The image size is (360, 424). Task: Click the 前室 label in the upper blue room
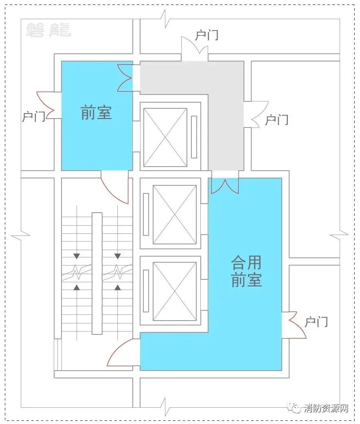(96, 113)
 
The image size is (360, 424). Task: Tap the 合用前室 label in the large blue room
(246, 271)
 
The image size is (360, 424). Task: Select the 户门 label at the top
(206, 35)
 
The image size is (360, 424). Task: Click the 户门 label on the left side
(33, 117)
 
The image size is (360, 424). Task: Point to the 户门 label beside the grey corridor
(277, 120)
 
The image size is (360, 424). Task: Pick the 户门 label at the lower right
(316, 322)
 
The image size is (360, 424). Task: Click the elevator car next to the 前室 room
(165, 137)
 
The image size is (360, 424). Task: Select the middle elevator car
(174, 214)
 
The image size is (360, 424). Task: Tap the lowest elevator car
(174, 291)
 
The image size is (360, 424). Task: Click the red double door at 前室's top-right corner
(125, 78)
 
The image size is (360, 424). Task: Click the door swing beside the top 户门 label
(195, 47)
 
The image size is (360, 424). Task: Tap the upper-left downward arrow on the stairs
(77, 256)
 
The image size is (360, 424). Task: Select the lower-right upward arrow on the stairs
(118, 288)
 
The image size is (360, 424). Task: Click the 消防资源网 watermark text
(325, 409)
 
